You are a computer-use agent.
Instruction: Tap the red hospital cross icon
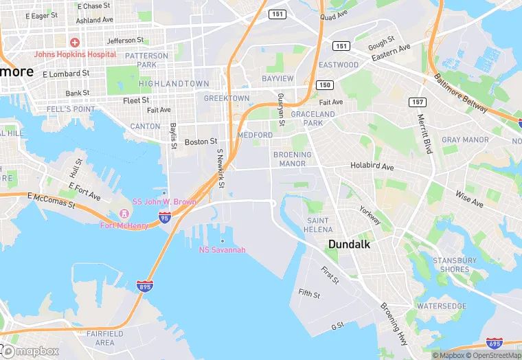tap(74, 43)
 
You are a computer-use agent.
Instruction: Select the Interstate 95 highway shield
tap(164, 217)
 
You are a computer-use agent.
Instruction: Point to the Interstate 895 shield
tap(144, 286)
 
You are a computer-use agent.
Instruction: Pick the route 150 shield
tap(324, 85)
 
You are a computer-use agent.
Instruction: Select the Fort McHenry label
tap(124, 225)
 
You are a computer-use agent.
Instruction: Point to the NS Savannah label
tap(222, 249)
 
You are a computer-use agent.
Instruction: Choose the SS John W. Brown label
tap(164, 202)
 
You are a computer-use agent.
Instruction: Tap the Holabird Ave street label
tap(372, 166)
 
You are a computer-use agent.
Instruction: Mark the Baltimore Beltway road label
tap(461, 93)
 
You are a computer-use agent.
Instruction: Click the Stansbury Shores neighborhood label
tap(454, 265)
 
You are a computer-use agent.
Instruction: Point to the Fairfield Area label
tap(105, 338)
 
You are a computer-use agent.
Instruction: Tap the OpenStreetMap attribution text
tap(494, 355)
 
